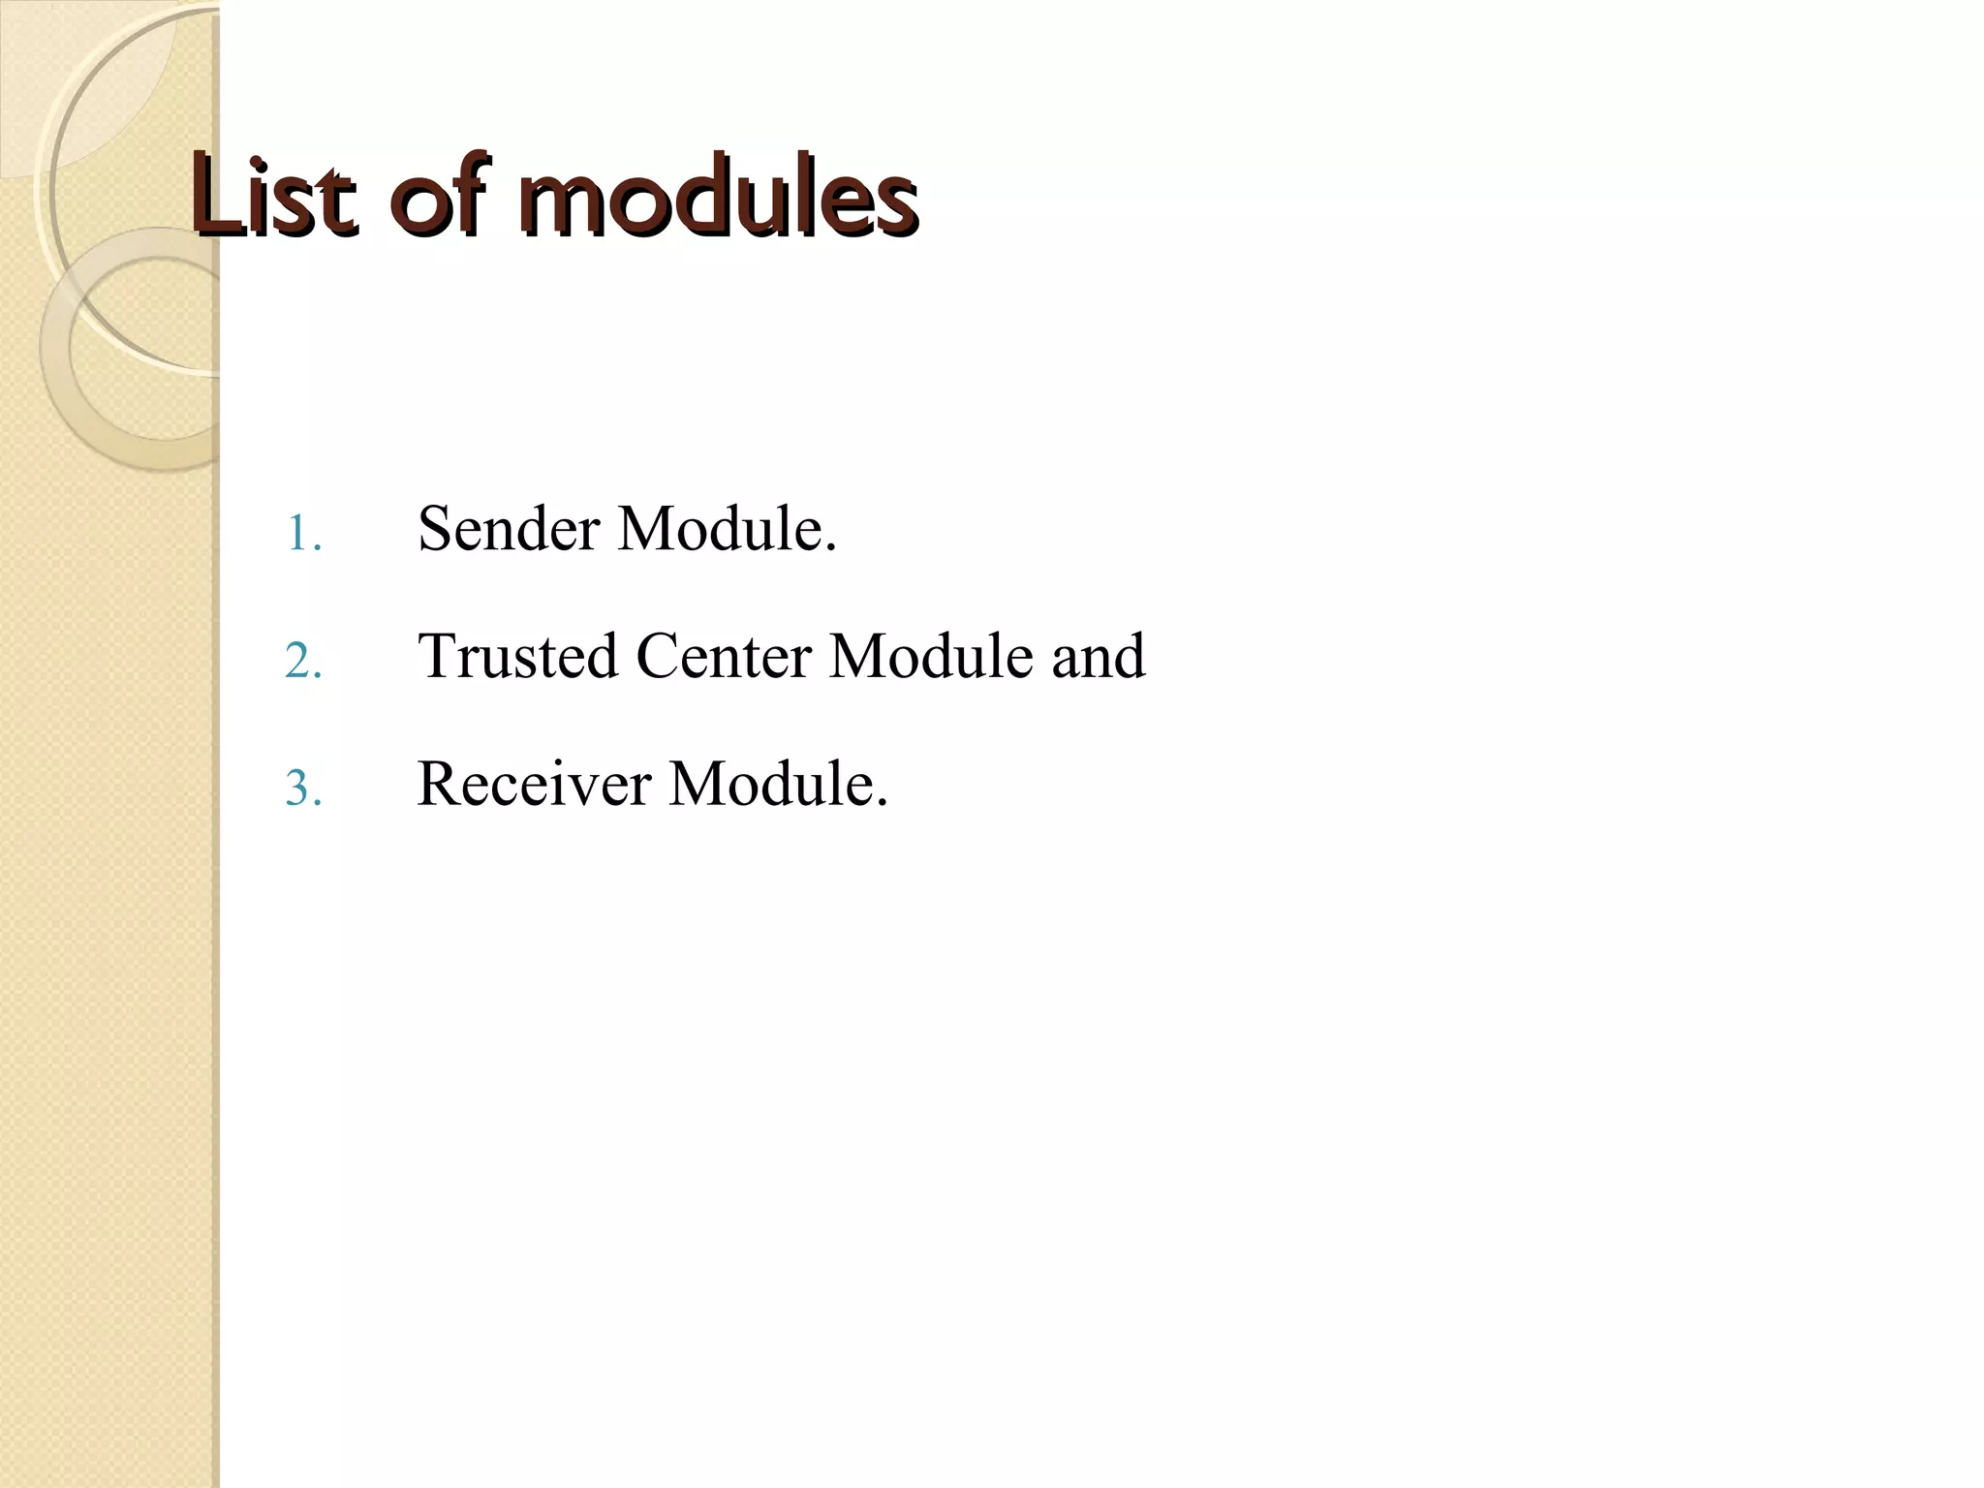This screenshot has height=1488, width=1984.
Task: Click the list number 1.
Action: pyautogui.click(x=302, y=535)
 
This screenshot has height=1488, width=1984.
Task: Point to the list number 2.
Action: pyautogui.click(x=302, y=663)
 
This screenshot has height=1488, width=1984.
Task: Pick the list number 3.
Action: pyautogui.click(x=302, y=790)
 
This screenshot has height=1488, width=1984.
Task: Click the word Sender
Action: pyautogui.click(x=509, y=530)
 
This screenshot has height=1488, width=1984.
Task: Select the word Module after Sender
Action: pyautogui.click(x=727, y=530)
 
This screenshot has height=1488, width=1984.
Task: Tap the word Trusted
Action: pyautogui.click(x=517, y=657)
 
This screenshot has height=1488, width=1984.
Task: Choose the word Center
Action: pyautogui.click(x=724, y=657)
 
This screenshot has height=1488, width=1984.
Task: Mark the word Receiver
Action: pyautogui.click(x=534, y=784)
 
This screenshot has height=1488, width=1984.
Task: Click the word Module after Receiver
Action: pyautogui.click(x=778, y=784)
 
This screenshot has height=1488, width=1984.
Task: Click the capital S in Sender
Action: pyautogui.click(x=434, y=530)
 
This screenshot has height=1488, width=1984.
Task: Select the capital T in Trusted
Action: pyautogui.click(x=437, y=657)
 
